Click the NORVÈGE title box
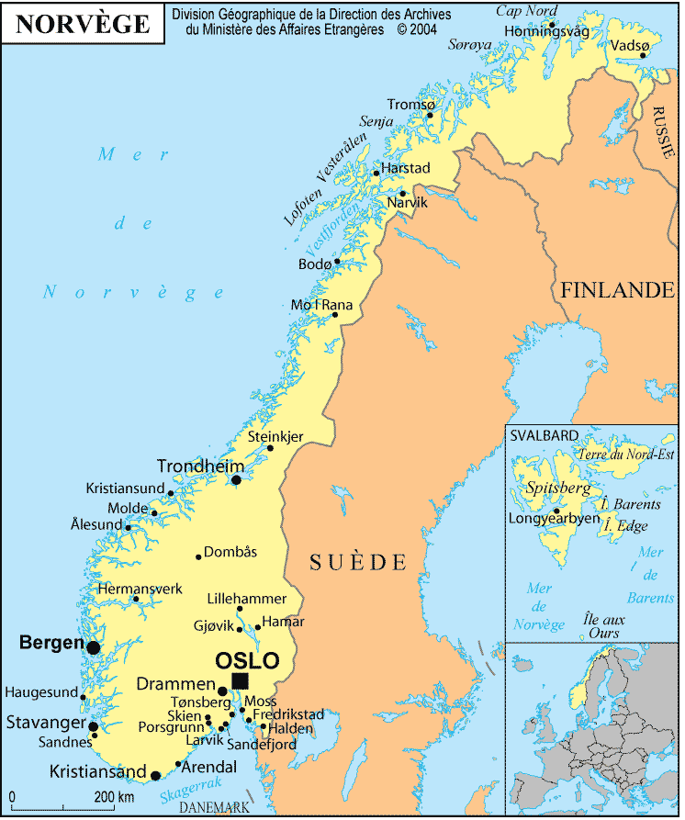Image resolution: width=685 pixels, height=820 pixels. [83, 24]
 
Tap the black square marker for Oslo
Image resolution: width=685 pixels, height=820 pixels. [240, 680]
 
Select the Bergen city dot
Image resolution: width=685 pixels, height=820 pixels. [93, 647]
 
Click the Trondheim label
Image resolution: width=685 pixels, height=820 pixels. [200, 466]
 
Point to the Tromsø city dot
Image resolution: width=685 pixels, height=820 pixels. [430, 116]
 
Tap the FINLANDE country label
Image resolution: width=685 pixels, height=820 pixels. [617, 291]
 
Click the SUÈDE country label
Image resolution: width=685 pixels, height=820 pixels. [357, 561]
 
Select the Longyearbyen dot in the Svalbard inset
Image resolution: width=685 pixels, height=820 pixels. [556, 511]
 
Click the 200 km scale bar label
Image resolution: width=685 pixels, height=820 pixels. [114, 795]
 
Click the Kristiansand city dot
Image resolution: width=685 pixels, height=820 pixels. [155, 776]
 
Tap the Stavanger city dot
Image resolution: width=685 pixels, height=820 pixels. [93, 726]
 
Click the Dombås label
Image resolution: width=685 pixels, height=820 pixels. [230, 552]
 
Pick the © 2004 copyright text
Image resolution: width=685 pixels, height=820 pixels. [419, 28]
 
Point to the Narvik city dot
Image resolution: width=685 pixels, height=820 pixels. [402, 194]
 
